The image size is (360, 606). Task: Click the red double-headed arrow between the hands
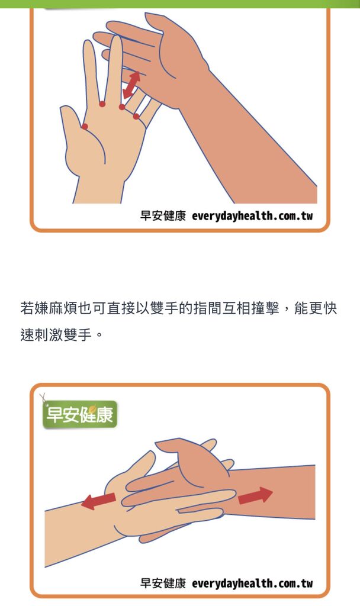point(131,85)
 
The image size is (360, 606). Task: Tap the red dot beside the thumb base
point(85,127)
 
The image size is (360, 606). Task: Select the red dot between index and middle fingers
point(102,104)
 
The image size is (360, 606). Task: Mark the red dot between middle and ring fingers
point(122,107)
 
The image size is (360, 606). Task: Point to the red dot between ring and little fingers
point(136,117)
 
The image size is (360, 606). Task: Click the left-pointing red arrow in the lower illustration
point(99,501)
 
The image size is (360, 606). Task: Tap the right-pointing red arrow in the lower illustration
point(255,495)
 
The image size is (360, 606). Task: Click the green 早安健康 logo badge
point(80,414)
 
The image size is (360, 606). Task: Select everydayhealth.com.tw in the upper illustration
point(252,215)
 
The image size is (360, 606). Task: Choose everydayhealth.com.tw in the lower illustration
point(252,583)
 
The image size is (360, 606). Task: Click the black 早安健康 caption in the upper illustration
point(163,215)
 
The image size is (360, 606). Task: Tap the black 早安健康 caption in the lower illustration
point(163,583)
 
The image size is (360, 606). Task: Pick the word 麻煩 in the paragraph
point(63,308)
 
